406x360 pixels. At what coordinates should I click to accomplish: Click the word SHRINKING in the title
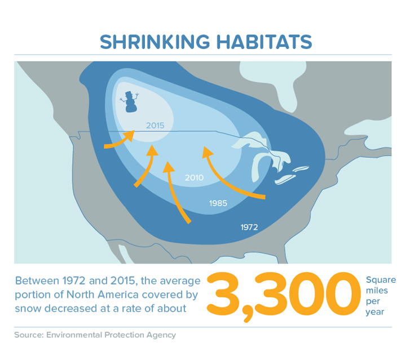(x=155, y=42)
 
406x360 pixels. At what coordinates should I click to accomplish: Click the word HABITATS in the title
(x=264, y=42)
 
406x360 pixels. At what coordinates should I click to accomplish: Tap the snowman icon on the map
(x=130, y=101)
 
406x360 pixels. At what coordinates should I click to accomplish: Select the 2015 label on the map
(x=155, y=126)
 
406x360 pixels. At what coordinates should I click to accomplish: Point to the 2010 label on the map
(x=194, y=177)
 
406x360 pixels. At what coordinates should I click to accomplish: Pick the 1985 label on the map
(x=218, y=203)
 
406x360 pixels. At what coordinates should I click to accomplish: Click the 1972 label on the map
(x=249, y=228)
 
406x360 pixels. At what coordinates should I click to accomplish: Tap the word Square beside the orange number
(x=381, y=281)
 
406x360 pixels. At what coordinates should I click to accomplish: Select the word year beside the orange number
(x=374, y=312)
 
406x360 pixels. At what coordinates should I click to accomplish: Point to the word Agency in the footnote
(x=161, y=335)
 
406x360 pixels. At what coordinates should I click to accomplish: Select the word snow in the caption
(x=28, y=309)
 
